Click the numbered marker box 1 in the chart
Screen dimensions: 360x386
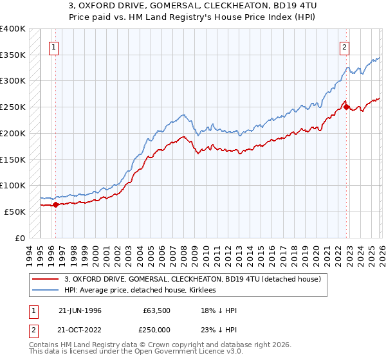tap(55, 46)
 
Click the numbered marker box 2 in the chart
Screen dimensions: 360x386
tap(345, 46)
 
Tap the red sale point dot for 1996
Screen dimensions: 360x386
tap(55, 205)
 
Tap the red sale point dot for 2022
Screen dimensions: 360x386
tap(346, 107)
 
